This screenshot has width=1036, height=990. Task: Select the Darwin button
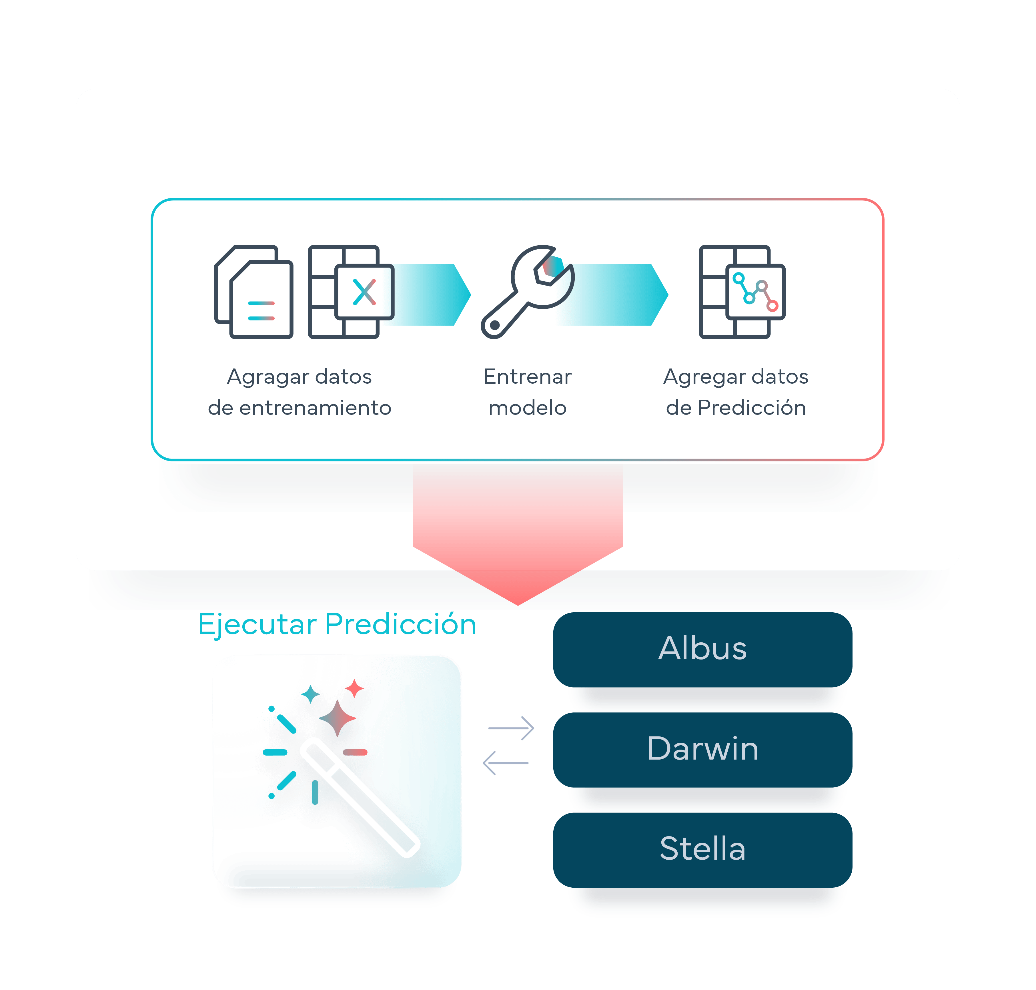coord(702,749)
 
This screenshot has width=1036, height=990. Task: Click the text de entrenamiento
coord(299,408)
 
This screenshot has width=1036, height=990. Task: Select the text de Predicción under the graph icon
coord(736,408)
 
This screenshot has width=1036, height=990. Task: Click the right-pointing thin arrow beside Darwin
coord(511,728)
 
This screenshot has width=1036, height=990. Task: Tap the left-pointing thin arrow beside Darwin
coord(505,762)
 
